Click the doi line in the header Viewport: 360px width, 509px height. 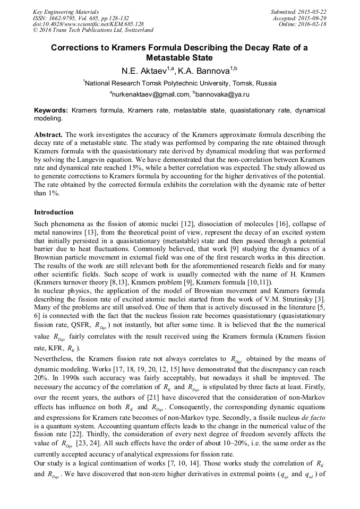(x=88, y=24)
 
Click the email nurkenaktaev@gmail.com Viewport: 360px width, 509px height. (x=151, y=94)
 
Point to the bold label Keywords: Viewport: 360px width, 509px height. (x=51, y=110)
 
